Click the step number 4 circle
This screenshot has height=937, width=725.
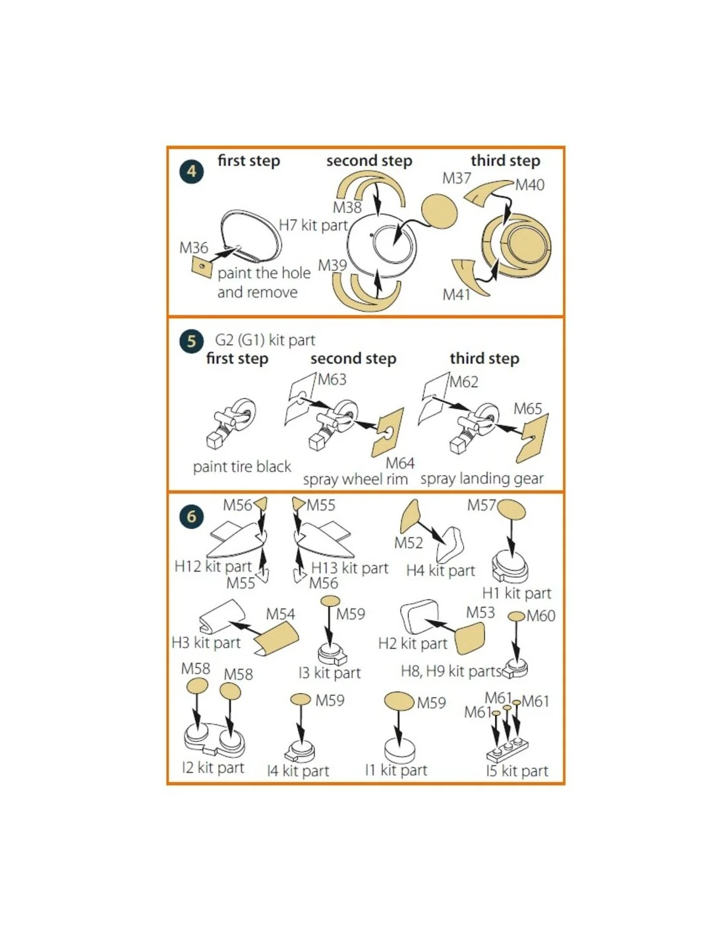(192, 171)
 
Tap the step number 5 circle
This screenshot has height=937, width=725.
(192, 341)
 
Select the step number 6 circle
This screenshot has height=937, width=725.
(192, 516)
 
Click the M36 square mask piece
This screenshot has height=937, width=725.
(202, 268)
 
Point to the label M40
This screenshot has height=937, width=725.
(530, 185)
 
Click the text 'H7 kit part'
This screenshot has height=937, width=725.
(313, 225)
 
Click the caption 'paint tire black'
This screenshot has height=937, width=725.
(242, 467)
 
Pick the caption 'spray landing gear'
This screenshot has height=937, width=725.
(482, 479)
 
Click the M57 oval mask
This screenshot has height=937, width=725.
(511, 509)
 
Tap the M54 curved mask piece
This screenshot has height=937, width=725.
(275, 637)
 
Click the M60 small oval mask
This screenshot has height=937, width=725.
(516, 617)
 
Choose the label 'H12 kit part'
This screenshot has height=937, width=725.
(213, 566)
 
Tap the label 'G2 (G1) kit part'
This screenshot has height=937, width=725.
(265, 340)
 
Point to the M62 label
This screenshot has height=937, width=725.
(464, 382)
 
